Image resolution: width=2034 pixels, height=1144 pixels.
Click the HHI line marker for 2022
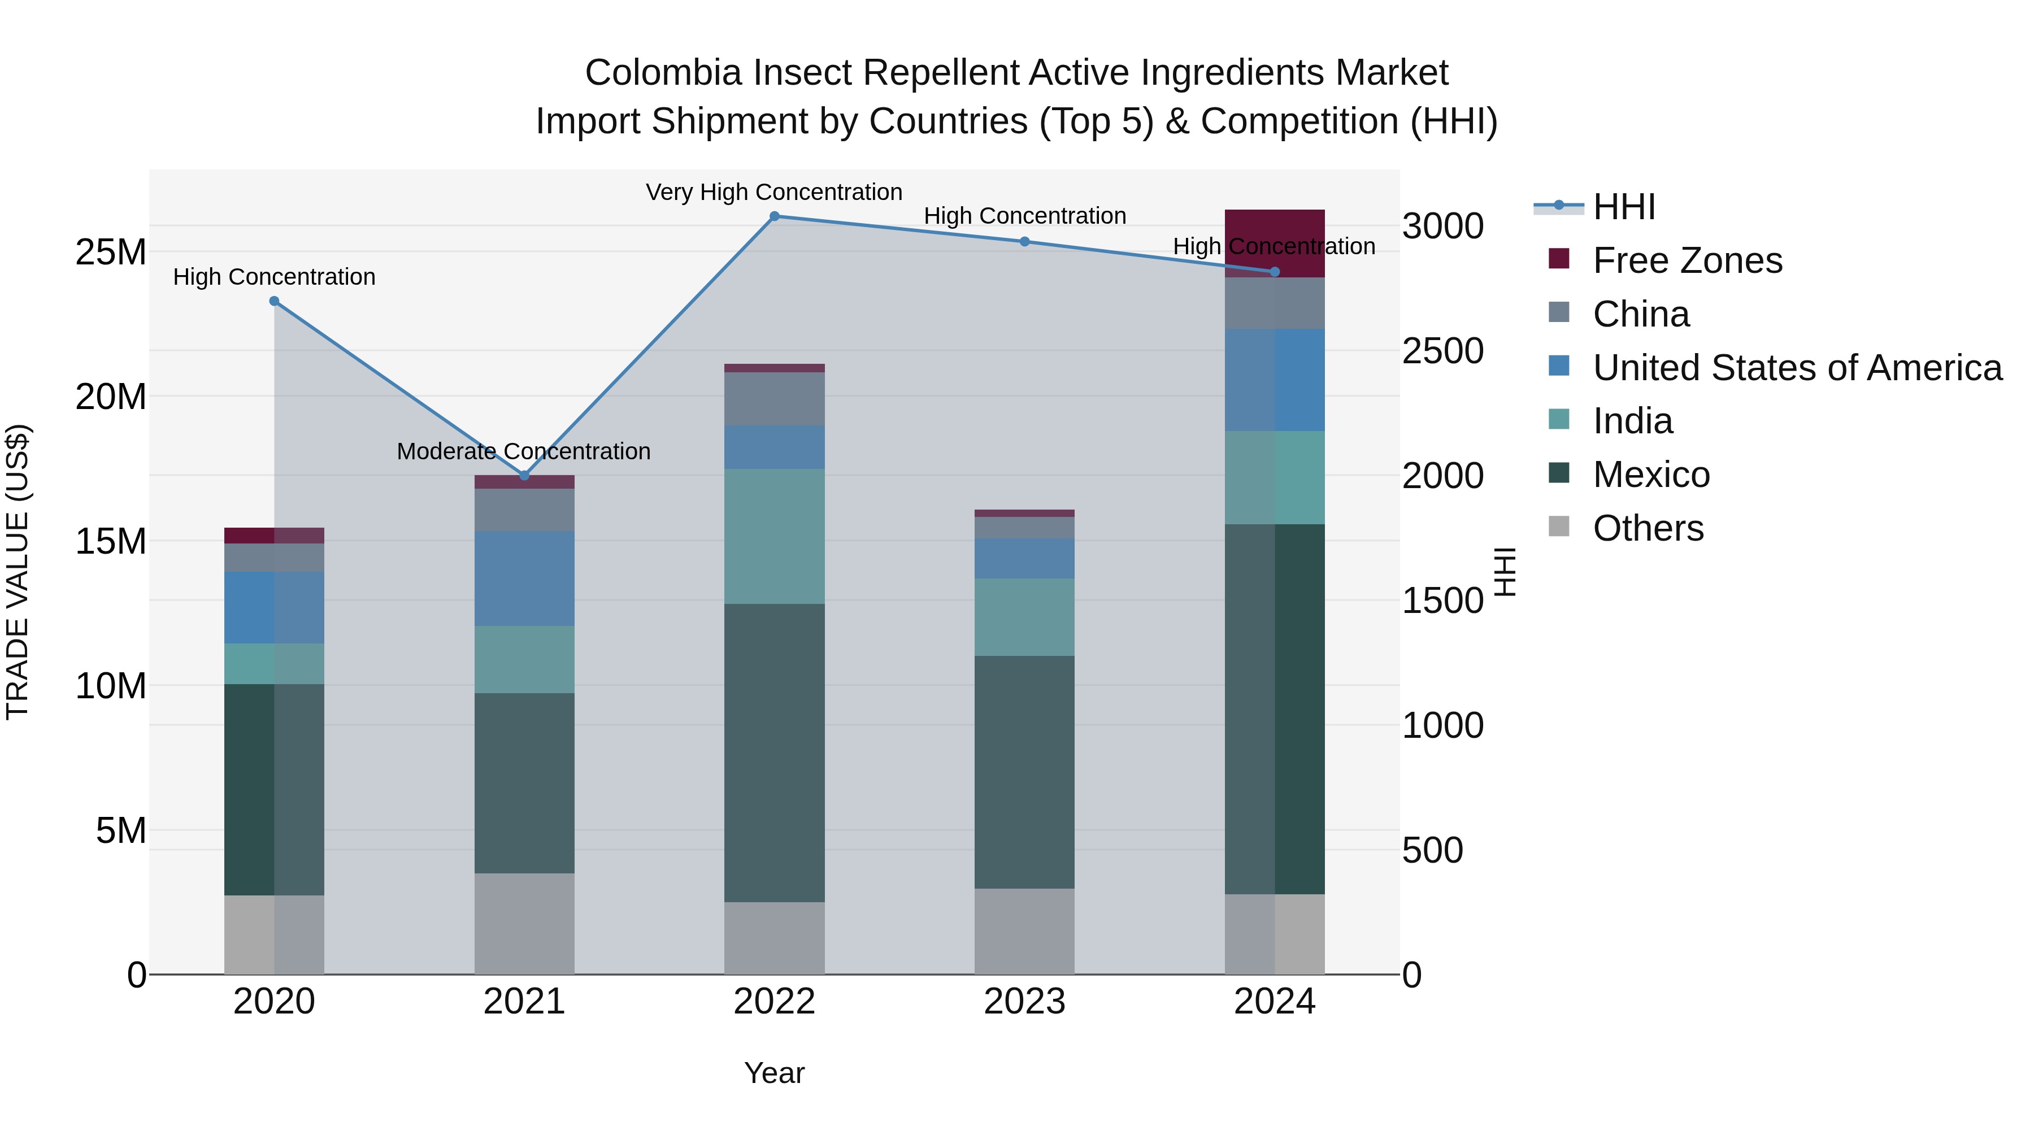[x=774, y=216]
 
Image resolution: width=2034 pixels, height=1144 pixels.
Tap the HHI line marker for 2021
[x=524, y=475]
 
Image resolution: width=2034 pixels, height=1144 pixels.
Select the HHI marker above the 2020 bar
[x=274, y=301]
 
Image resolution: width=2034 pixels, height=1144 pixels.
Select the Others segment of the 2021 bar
[x=524, y=923]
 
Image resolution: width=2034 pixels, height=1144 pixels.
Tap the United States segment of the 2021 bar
[x=524, y=578]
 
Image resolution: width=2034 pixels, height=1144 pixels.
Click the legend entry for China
[x=1641, y=314]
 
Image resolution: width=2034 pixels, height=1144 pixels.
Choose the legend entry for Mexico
[x=1651, y=475]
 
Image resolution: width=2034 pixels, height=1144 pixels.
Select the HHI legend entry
[x=1623, y=207]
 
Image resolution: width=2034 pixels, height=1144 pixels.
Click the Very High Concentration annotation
[x=774, y=192]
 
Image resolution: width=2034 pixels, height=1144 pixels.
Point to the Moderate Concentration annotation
[x=524, y=451]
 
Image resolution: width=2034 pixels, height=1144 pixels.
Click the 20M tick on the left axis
[x=111, y=397]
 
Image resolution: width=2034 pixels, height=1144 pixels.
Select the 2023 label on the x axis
[x=1024, y=1002]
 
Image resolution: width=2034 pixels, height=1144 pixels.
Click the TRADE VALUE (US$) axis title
[x=18, y=572]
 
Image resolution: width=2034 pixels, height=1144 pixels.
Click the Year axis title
[x=774, y=1073]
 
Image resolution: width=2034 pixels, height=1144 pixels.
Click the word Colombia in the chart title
[x=663, y=73]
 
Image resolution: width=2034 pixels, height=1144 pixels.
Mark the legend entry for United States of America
[x=1797, y=368]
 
